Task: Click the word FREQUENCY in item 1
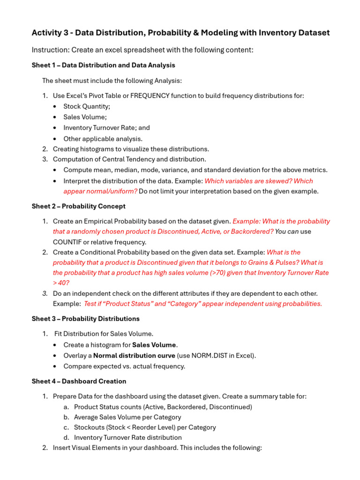150,96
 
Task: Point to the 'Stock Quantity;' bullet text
87,106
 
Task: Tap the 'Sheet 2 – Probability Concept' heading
78,206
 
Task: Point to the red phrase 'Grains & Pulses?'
272,262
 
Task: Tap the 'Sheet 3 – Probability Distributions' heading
85,319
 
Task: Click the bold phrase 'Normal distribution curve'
134,355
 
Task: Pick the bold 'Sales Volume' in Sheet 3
155,345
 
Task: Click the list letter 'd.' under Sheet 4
67,437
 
